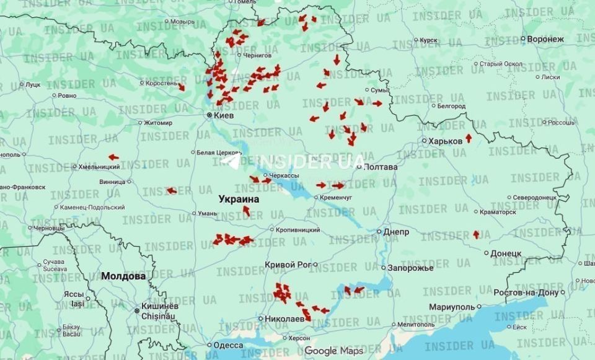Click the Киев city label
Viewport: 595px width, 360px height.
(224, 115)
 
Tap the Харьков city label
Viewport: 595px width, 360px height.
(445, 141)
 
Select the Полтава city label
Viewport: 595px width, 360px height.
(381, 167)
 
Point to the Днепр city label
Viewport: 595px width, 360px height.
(396, 232)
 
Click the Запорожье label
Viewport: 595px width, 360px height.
(410, 268)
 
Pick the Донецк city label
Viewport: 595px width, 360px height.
(505, 253)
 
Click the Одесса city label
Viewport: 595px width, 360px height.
(227, 345)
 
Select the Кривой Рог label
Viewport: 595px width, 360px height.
(287, 265)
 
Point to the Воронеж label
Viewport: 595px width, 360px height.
(545, 39)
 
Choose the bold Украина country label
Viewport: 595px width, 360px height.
(239, 200)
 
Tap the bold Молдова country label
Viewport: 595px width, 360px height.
(123, 276)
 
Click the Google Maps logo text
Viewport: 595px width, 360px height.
(333, 351)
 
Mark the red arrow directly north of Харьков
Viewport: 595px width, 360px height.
(468, 138)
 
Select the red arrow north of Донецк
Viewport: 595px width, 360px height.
(476, 234)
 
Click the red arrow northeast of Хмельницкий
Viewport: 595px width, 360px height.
(113, 157)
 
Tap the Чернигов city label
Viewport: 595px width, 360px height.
(258, 55)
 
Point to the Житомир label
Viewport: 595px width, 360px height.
(158, 123)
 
